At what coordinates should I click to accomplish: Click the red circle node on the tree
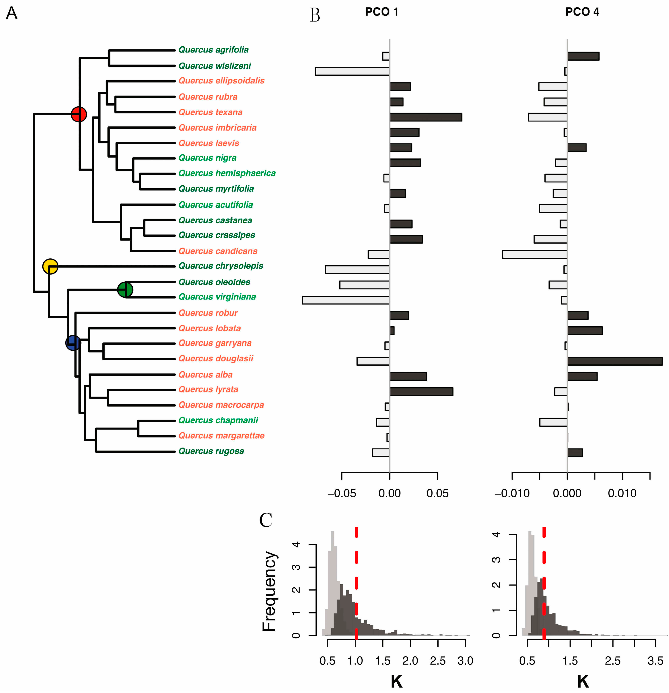point(78,114)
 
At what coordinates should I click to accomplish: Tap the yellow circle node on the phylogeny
point(50,266)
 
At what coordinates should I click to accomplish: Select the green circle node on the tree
point(125,290)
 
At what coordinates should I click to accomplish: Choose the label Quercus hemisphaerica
point(227,173)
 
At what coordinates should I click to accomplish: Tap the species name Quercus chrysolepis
point(221,266)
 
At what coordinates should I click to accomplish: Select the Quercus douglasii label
point(216,358)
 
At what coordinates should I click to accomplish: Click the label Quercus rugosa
point(211,451)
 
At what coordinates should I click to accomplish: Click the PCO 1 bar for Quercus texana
point(426,117)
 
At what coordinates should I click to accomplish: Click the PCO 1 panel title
point(382,12)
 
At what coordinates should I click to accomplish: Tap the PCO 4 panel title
point(582,12)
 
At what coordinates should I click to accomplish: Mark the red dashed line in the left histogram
point(356,583)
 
